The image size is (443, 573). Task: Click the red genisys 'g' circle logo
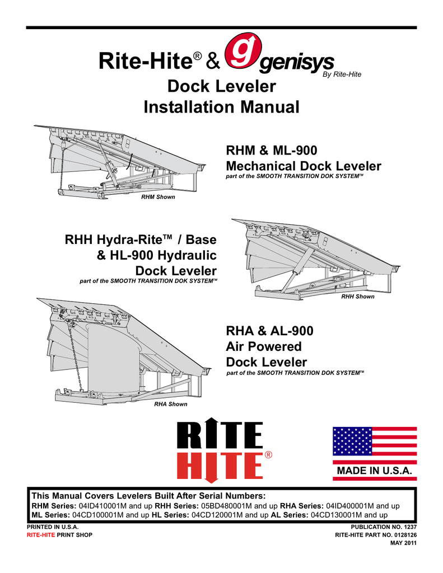point(241,54)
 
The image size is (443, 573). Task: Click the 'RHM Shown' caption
point(157,197)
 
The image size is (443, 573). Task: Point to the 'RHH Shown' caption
point(357,296)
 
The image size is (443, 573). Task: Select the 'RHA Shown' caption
point(170,403)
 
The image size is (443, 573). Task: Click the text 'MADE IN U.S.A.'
point(375,471)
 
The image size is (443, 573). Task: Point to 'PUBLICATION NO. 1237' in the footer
point(384,527)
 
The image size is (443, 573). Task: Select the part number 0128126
point(403,536)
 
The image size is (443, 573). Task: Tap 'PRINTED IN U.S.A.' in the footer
point(53,527)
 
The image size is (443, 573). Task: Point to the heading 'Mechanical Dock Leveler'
point(303,166)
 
